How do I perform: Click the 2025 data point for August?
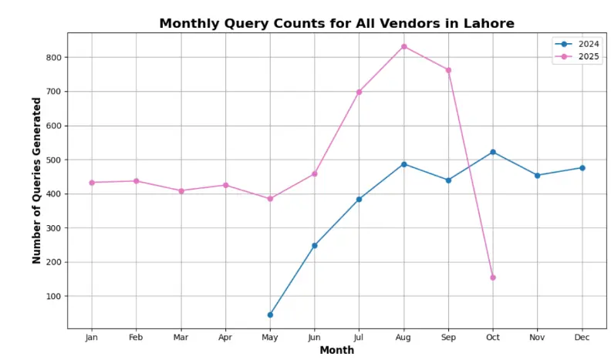coord(403,46)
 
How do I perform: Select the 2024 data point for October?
coord(493,152)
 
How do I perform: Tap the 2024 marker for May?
coord(270,315)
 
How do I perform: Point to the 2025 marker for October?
coord(493,278)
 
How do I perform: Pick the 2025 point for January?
coord(92,183)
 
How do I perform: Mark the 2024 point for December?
coord(582,168)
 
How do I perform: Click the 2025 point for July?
coord(359,92)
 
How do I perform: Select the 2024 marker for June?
coord(315,245)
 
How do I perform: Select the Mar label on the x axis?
coord(181,337)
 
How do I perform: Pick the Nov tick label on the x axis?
coord(538,337)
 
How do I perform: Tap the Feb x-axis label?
coord(136,337)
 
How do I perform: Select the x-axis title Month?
coord(337,350)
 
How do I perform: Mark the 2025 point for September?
coord(448,70)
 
